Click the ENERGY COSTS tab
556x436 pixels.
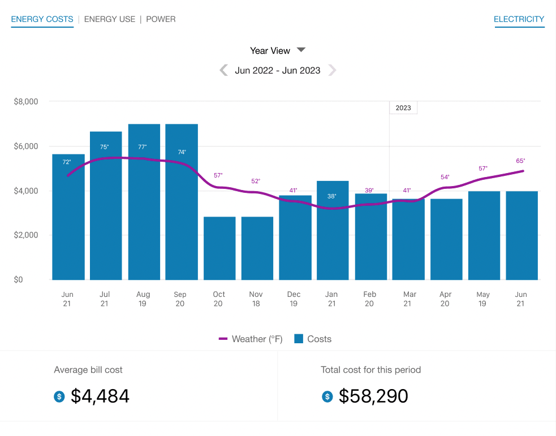click(42, 19)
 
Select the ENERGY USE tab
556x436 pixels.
click(110, 19)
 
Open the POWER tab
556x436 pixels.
click(161, 19)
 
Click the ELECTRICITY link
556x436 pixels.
click(519, 19)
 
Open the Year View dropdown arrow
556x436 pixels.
click(301, 50)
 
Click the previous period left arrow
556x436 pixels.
click(224, 70)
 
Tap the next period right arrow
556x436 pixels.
click(332, 70)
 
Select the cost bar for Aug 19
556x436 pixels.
click(144, 215)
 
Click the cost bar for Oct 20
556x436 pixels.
click(219, 249)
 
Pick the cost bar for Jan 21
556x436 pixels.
click(333, 238)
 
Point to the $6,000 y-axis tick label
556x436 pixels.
click(25, 146)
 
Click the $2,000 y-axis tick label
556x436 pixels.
click(25, 235)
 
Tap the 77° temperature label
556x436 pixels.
click(143, 147)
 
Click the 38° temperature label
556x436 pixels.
click(331, 196)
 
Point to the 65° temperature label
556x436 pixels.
click(520, 161)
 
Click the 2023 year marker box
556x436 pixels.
click(403, 107)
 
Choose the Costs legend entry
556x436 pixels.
click(313, 339)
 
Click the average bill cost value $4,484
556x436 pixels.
click(100, 396)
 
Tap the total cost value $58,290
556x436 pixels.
click(373, 396)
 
